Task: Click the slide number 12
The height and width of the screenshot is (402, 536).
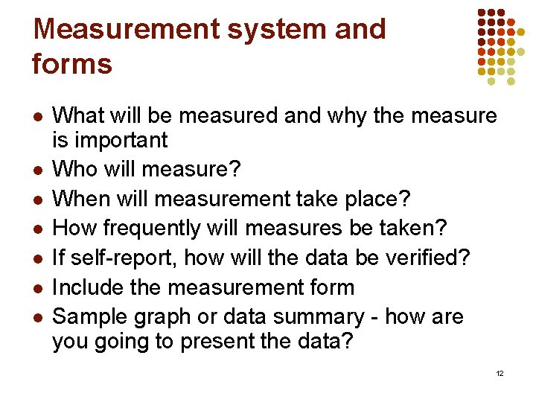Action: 500,373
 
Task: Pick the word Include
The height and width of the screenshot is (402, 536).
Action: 89,287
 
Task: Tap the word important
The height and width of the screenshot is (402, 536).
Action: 121,141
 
